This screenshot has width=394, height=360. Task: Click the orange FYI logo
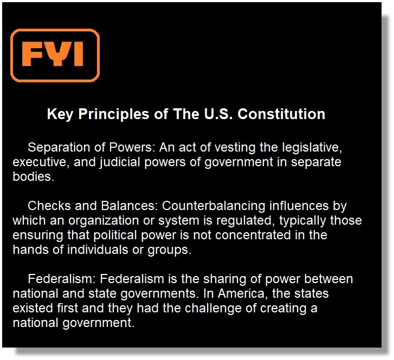tap(55, 55)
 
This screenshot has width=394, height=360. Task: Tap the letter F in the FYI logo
tap(31, 54)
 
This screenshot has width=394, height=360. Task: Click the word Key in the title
tap(60, 114)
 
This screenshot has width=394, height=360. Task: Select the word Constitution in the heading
tap(281, 114)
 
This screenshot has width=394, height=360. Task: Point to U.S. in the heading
tap(218, 114)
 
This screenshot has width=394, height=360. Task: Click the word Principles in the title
tap(114, 114)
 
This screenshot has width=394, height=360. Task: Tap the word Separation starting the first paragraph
tap(59, 147)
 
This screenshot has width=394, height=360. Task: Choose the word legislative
tap(312, 147)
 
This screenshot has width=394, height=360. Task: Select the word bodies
tap(33, 176)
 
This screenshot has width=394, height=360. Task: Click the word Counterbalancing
tap(214, 206)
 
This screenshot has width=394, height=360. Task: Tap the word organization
tap(104, 221)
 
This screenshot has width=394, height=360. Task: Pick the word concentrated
tap(253, 235)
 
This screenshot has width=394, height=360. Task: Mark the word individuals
tap(98, 250)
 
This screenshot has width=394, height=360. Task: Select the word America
tap(241, 294)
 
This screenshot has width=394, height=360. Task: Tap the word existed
tap(33, 308)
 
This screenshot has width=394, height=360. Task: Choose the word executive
tap(41, 162)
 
